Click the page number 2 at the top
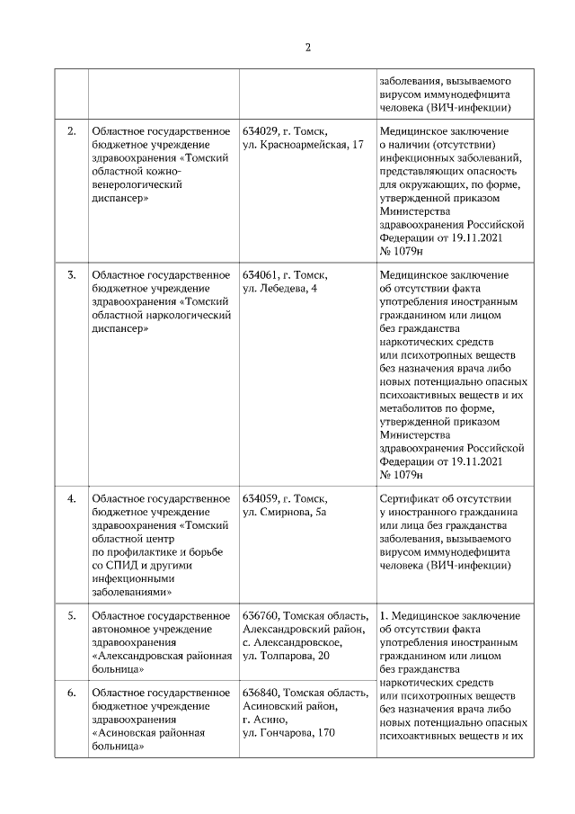point(306,48)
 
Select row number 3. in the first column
point(72,274)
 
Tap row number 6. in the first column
point(72,692)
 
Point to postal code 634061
point(260,274)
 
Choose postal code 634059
point(260,497)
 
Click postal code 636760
point(261,615)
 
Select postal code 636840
point(261,692)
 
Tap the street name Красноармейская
point(303,145)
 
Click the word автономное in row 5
point(125,629)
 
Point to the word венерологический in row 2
point(137,185)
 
